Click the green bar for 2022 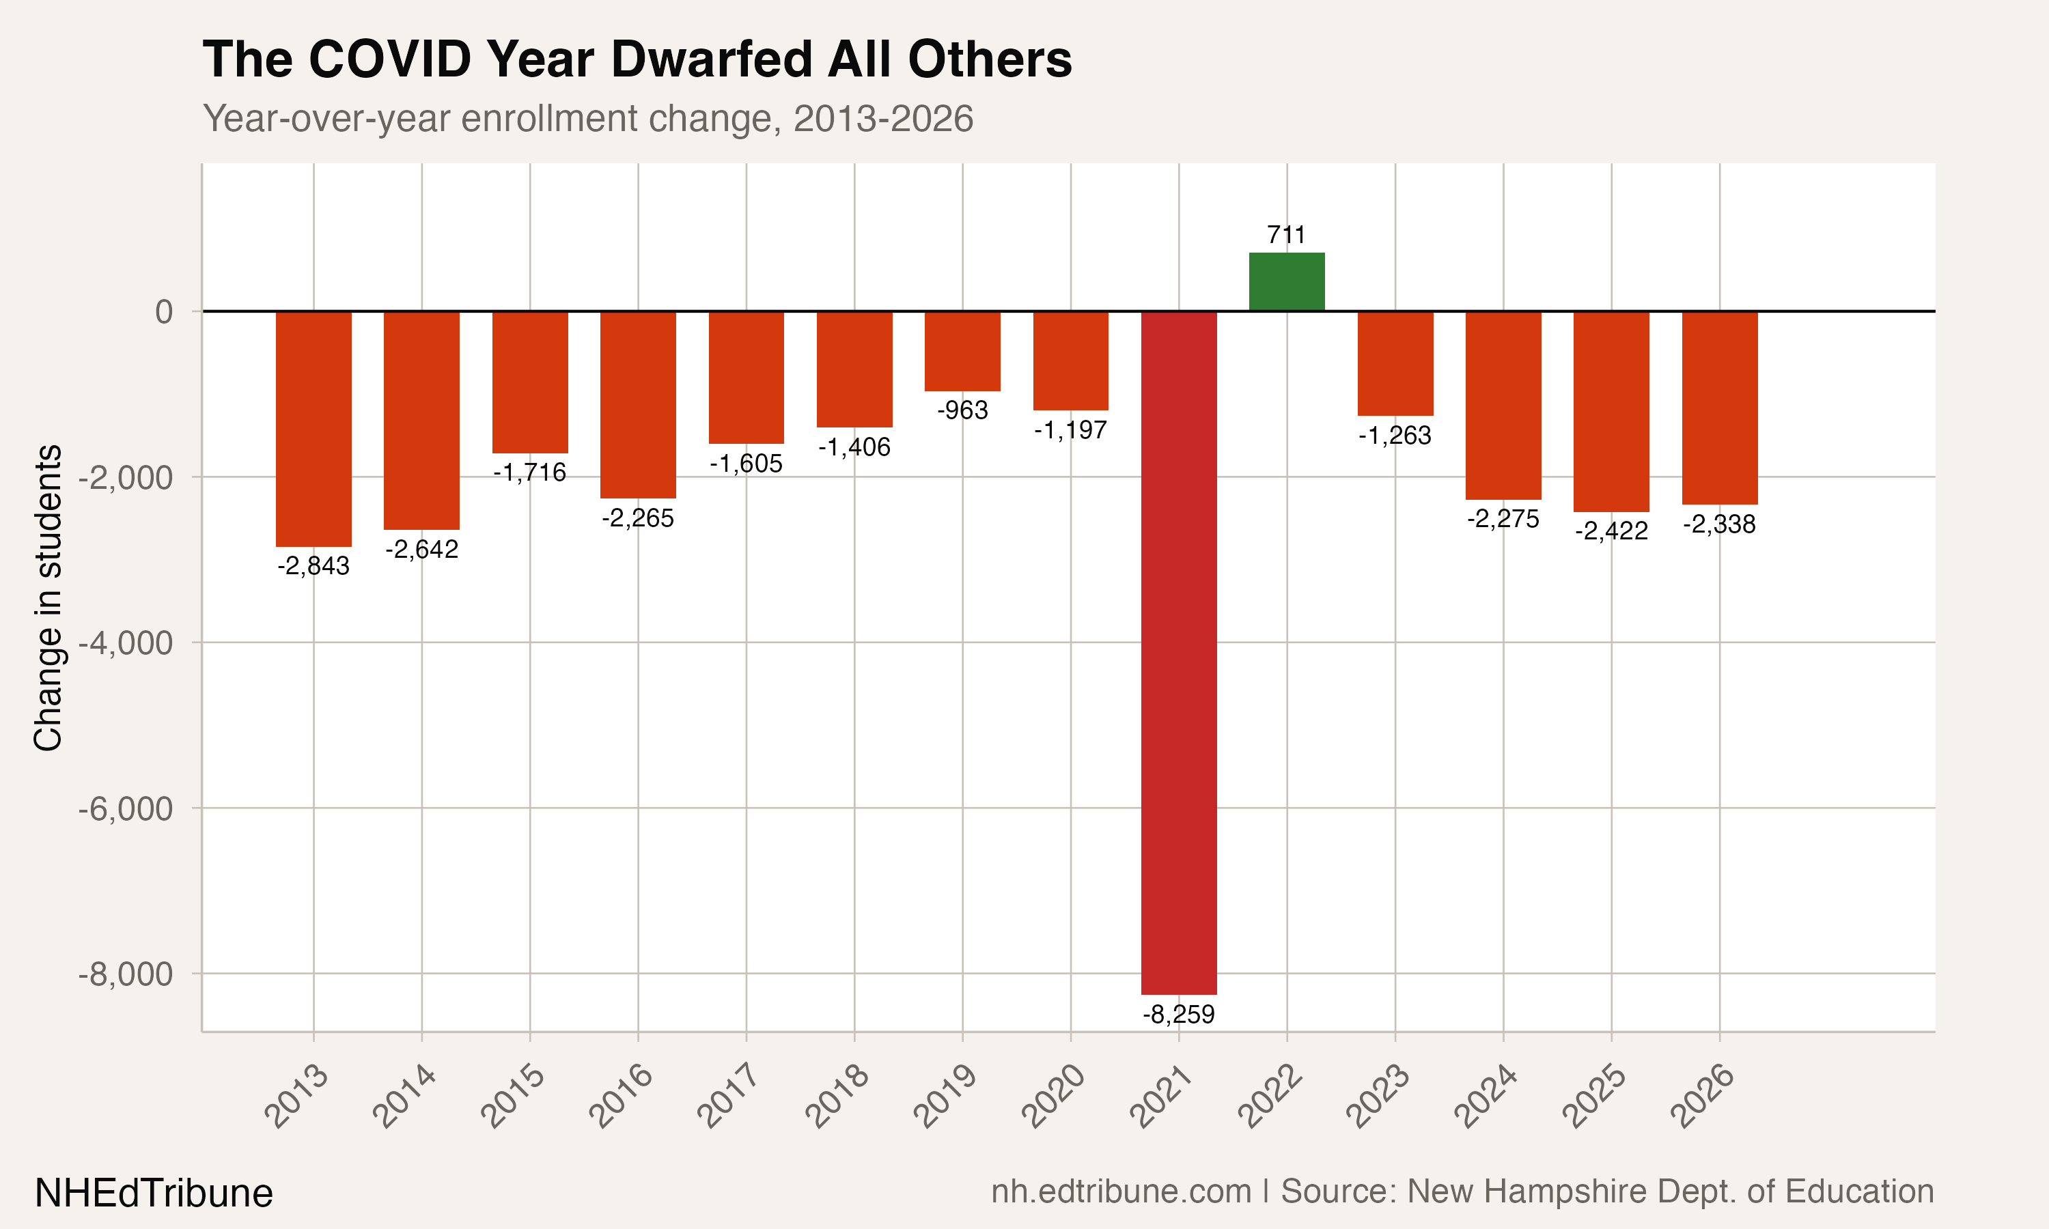1286,281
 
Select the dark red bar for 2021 1179,653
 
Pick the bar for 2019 962,351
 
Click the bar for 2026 1719,408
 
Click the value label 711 1286,235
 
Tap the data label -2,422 1611,531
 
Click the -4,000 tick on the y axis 126,642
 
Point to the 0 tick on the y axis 164,312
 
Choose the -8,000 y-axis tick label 126,974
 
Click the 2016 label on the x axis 621,1097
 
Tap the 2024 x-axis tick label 1487,1097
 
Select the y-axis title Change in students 48,598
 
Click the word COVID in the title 389,59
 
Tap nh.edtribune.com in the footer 1121,1191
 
